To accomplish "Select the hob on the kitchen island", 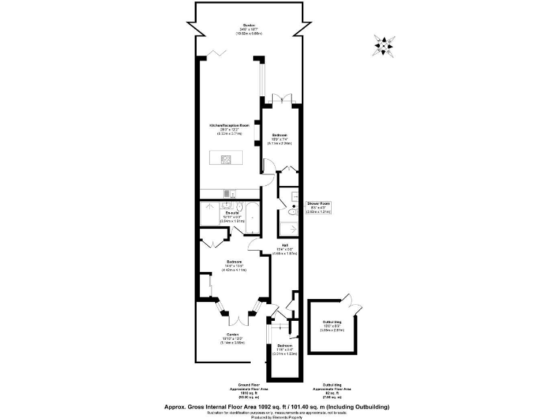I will click(227, 159).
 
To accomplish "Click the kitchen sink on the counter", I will click(227, 193).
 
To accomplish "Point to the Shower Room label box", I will click(319, 207).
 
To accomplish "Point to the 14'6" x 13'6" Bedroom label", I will click(234, 265).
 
